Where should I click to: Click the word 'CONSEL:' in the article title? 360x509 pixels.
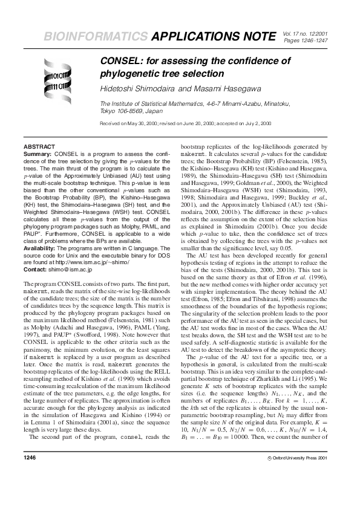[x=122, y=61]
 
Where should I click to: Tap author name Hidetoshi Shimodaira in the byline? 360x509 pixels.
[x=137, y=89]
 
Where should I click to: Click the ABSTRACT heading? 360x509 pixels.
[x=39, y=147]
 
